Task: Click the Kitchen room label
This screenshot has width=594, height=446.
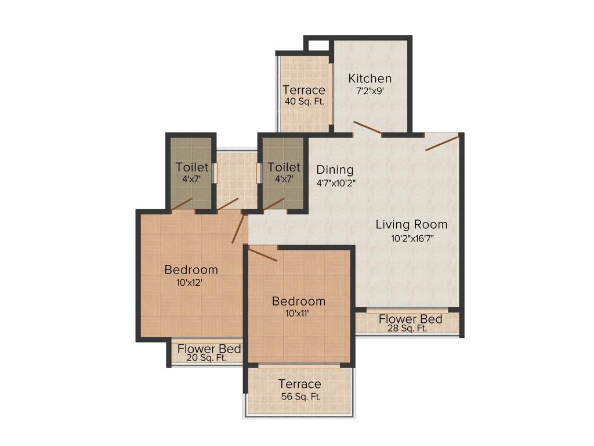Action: click(370, 78)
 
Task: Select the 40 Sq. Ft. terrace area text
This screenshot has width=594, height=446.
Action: click(303, 102)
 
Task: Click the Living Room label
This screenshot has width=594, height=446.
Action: click(411, 224)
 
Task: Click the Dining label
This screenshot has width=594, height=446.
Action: click(335, 170)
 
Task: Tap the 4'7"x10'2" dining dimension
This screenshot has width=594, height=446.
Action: click(335, 182)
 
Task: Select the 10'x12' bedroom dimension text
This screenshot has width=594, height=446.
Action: click(191, 283)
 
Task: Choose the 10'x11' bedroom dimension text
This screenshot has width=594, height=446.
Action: click(298, 314)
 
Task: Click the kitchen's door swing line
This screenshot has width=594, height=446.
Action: click(367, 128)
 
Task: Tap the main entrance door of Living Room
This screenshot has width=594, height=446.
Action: click(443, 142)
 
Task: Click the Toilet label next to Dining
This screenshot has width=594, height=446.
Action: click(284, 168)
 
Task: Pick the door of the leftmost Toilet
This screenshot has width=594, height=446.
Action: click(182, 204)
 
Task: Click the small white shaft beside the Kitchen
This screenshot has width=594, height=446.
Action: click(317, 45)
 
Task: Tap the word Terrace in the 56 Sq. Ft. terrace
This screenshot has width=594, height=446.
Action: click(299, 384)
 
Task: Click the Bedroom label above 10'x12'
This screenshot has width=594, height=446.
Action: click(191, 269)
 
